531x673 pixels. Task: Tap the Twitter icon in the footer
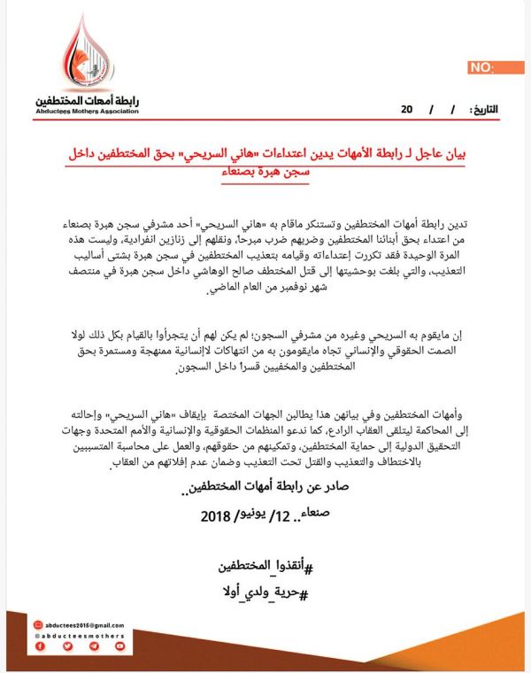(x=67, y=647)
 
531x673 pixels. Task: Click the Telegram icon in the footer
(x=95, y=647)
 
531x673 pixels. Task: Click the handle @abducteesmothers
(x=81, y=635)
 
